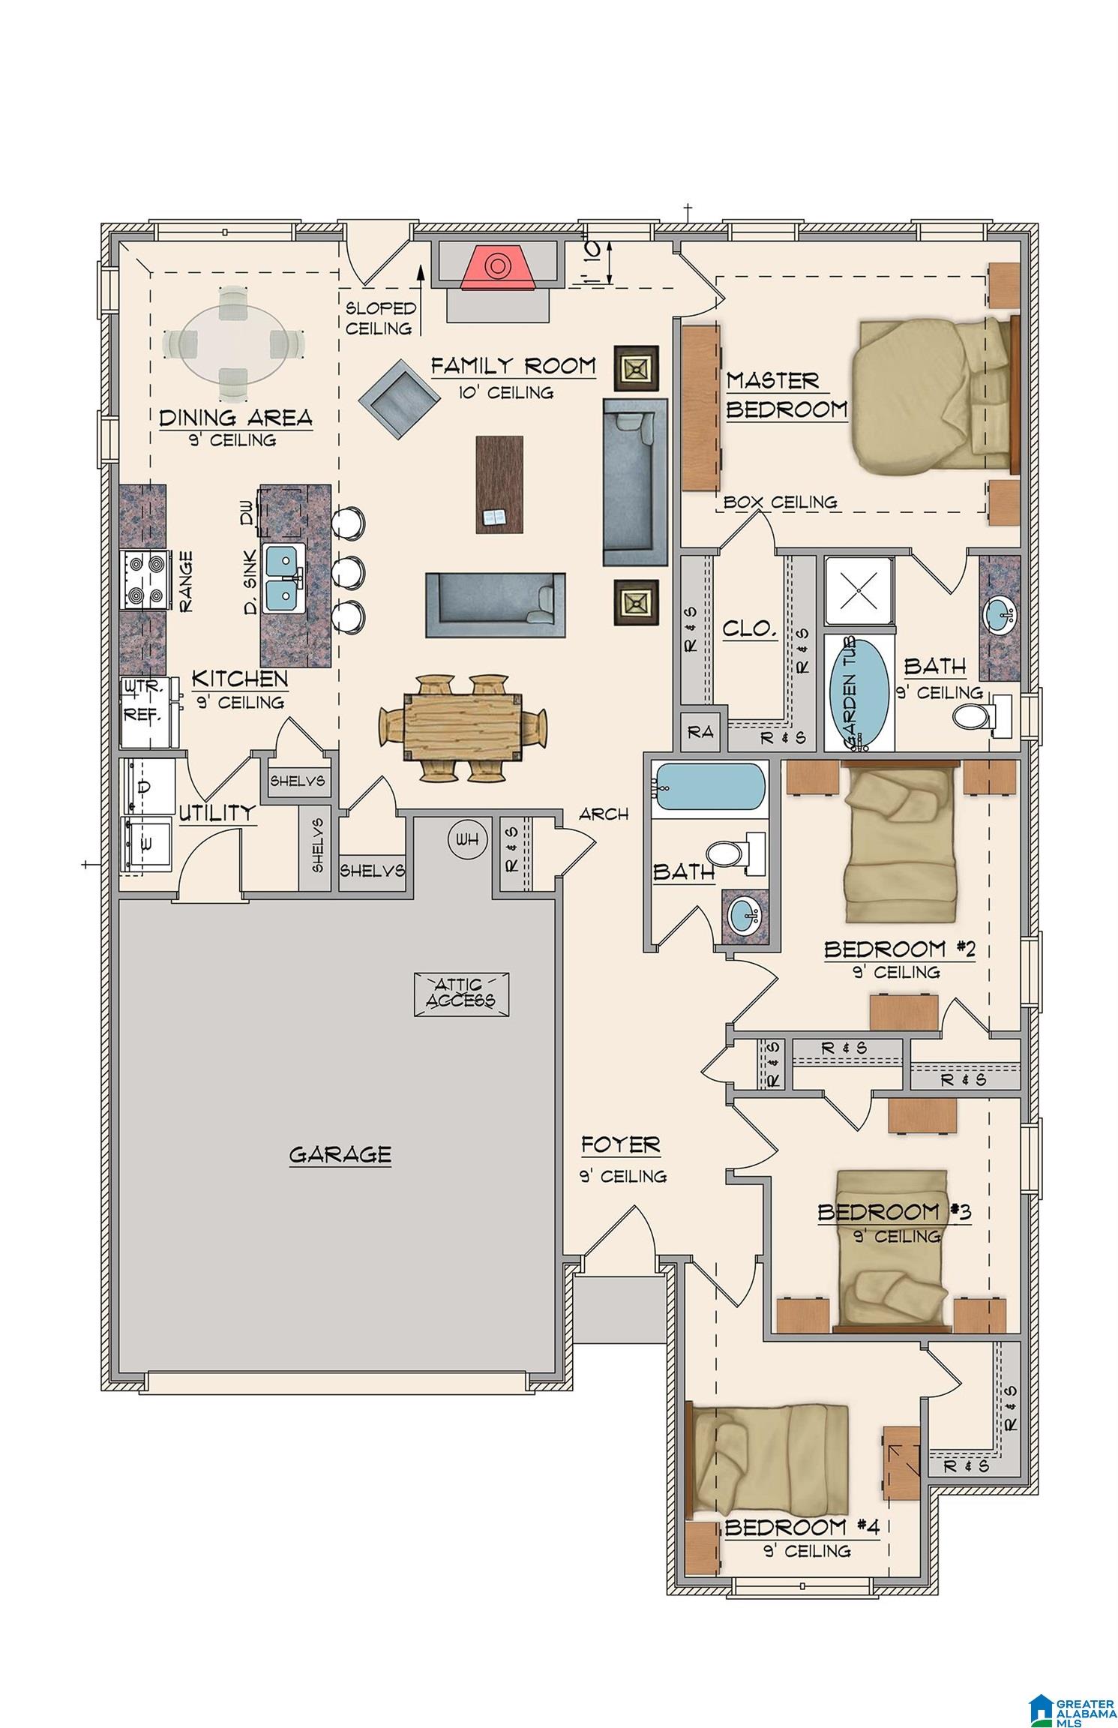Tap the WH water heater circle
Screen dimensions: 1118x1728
[467, 839]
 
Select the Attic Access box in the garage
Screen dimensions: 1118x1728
[462, 994]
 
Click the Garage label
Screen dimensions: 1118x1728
[340, 1153]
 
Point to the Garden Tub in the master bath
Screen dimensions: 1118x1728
[859, 692]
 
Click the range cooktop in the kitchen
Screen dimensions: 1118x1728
[146, 580]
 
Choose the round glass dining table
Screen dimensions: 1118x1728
[234, 345]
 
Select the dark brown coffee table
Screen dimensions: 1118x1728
[499, 484]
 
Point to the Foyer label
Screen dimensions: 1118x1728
[621, 1145]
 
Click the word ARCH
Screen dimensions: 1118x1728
[604, 813]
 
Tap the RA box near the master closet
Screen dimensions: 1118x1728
[701, 732]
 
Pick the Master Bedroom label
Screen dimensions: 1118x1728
[786, 395]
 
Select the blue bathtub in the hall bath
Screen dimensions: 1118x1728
[709, 787]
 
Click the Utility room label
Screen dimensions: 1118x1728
[217, 813]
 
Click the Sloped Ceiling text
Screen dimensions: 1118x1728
[381, 318]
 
